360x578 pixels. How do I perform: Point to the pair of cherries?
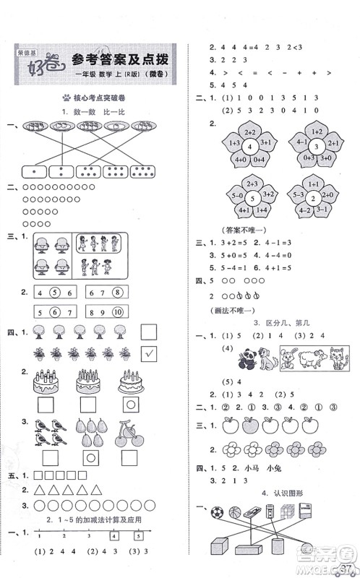128,431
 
